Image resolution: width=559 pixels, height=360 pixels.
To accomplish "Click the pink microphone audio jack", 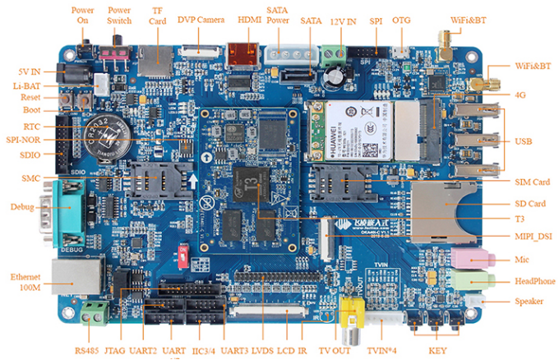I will pyautogui.click(x=468, y=259).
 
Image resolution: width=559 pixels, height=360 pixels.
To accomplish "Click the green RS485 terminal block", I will pyautogui.click(x=97, y=312).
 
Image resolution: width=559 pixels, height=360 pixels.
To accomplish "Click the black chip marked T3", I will pyautogui.click(x=251, y=179).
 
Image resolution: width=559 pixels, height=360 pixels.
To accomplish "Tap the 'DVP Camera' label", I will pyautogui.click(x=201, y=18).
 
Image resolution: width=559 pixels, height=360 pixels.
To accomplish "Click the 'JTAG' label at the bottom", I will pyautogui.click(x=114, y=350).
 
